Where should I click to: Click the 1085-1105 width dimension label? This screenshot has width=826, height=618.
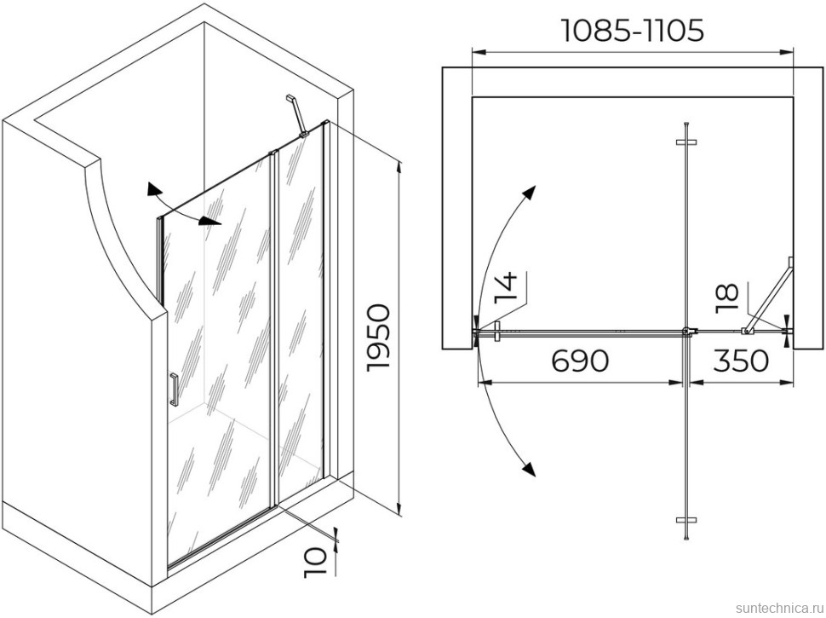(x=632, y=30)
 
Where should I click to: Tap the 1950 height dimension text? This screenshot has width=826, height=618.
(x=377, y=337)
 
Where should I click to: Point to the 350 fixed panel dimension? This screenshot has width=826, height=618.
(x=740, y=361)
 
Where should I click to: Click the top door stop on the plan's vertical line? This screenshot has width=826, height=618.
(x=686, y=142)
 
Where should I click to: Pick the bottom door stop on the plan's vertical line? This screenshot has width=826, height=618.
(x=686, y=519)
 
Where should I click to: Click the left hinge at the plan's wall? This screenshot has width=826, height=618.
(x=491, y=331)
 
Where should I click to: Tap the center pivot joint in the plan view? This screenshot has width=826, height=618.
(x=688, y=332)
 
